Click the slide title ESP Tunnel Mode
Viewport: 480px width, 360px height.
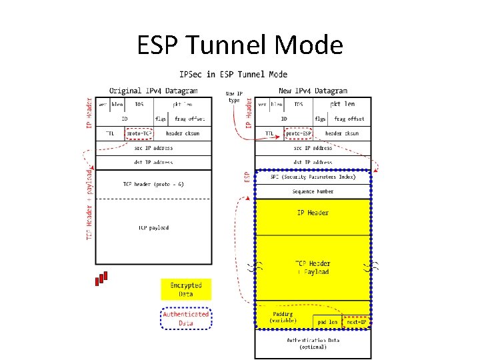(240, 45)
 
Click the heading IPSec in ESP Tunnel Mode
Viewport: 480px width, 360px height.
(233, 75)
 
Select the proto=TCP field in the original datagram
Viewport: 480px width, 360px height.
(139, 133)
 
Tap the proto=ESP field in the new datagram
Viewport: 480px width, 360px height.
(298, 133)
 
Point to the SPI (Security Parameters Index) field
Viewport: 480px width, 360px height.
(313, 177)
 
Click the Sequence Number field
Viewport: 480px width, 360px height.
(313, 191)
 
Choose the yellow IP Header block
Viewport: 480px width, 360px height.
(313, 213)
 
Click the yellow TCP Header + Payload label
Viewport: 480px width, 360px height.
(313, 267)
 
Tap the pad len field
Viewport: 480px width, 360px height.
(327, 321)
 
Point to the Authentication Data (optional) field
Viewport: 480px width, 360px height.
(313, 343)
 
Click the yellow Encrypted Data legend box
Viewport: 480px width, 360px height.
(186, 289)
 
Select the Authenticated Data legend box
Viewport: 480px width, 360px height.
(186, 319)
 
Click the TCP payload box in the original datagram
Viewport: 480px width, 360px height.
(153, 228)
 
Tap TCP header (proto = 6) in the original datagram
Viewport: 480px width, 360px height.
(153, 184)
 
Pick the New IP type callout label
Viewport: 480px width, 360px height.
(234, 97)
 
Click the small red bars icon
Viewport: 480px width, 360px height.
(101, 277)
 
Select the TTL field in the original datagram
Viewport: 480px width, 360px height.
(110, 133)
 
